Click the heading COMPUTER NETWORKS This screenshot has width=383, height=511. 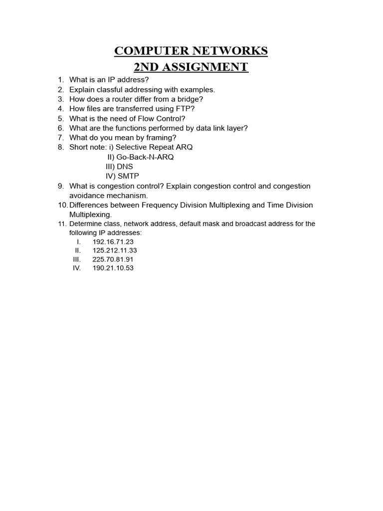pyautogui.click(x=191, y=51)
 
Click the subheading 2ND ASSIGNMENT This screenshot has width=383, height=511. pyautogui.click(x=191, y=67)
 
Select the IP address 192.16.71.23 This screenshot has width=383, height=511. pyautogui.click(x=113, y=242)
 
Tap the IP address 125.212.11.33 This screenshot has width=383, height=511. pyautogui.click(x=115, y=251)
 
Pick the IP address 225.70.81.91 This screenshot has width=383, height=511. pyautogui.click(x=113, y=259)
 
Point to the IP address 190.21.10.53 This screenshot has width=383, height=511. pyautogui.click(x=113, y=268)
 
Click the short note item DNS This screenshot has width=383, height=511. pyautogui.click(x=125, y=167)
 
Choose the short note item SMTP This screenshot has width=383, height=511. pyautogui.click(x=128, y=176)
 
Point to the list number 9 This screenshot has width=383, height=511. pyautogui.click(x=60, y=186)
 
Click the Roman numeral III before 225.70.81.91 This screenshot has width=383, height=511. pyautogui.click(x=76, y=259)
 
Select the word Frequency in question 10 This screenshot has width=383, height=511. pyautogui.click(x=160, y=205)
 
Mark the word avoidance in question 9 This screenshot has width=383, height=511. pyautogui.click(x=86, y=196)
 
